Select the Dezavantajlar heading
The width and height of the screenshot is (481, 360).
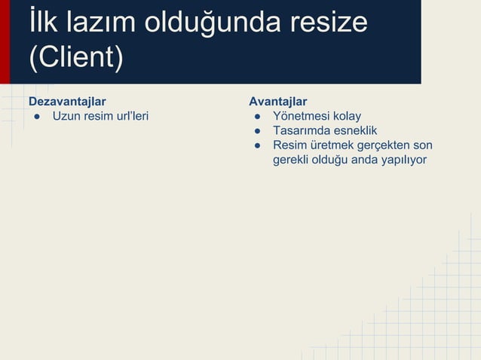[x=67, y=101]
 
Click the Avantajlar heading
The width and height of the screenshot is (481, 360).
[x=278, y=101]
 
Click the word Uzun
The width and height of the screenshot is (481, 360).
[x=66, y=116]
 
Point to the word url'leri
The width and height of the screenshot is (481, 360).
[x=129, y=116]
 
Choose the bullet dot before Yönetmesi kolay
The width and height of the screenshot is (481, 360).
[x=257, y=117]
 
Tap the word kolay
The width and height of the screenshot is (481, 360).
[x=348, y=116]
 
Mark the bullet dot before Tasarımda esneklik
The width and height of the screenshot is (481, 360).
[x=257, y=131]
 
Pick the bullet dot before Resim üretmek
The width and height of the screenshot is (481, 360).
[x=257, y=145]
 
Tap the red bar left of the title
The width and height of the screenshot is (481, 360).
[x=5, y=41]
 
